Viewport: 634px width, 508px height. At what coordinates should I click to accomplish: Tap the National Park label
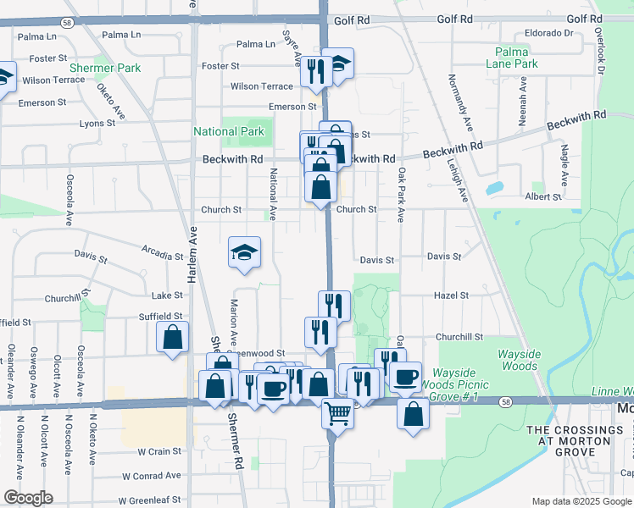click(229, 131)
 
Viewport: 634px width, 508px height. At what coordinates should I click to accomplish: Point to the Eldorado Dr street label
click(548, 33)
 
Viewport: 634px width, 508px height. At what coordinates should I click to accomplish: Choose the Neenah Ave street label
click(524, 102)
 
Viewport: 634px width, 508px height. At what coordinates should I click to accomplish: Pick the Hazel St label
click(451, 295)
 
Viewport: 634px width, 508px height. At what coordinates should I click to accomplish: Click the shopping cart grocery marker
click(337, 413)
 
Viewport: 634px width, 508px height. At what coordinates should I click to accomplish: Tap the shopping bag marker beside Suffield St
click(173, 337)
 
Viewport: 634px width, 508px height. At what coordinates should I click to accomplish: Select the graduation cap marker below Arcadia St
click(244, 251)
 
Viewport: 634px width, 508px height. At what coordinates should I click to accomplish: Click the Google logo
click(28, 498)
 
